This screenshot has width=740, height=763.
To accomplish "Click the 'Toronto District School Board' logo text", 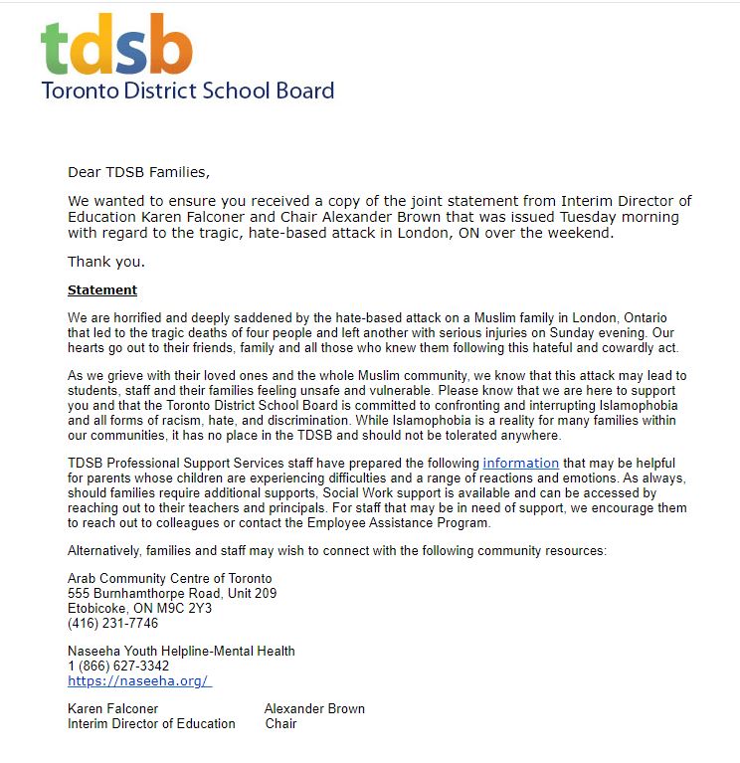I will [187, 92].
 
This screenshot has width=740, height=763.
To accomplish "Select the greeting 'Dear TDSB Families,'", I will [138, 171].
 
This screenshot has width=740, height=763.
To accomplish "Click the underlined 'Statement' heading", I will [102, 290].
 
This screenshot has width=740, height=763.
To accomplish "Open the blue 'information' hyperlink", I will [520, 463].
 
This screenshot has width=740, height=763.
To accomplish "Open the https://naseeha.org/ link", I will [139, 681].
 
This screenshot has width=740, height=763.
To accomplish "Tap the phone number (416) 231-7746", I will [112, 624].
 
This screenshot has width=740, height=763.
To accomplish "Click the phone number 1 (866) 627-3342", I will [118, 667].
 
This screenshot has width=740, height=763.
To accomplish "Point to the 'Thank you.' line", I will [105, 262].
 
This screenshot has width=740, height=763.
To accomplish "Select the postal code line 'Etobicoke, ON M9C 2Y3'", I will [139, 609].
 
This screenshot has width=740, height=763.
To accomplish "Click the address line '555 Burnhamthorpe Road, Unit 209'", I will [172, 594].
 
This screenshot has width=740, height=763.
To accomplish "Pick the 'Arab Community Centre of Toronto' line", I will [169, 579].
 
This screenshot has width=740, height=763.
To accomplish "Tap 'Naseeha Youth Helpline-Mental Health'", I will [181, 652].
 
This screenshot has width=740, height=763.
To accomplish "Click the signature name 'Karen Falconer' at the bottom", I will [112, 709].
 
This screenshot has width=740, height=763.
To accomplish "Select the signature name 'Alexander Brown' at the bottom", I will [314, 709].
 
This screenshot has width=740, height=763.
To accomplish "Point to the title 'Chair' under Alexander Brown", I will [281, 724].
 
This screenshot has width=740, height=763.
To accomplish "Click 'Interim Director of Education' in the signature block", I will [151, 724].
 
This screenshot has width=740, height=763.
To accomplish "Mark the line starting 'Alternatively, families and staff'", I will [336, 551].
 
